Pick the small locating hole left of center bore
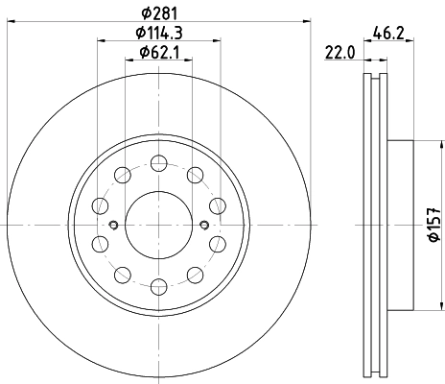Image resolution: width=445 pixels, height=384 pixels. pos(114,226)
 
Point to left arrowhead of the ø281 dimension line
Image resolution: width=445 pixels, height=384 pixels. pos(12,20)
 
